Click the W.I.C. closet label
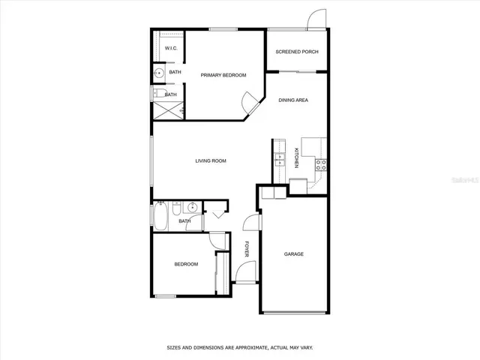[170, 48]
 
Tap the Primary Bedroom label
[223, 75]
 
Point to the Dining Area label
[293, 100]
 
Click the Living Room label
[211, 160]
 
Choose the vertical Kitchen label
[296, 158]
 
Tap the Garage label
[293, 254]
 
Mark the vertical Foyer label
[247, 248]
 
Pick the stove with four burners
[320, 165]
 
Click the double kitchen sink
[278, 159]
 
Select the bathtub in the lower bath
[162, 217]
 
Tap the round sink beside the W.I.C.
[159, 73]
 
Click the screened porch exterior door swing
[318, 19]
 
